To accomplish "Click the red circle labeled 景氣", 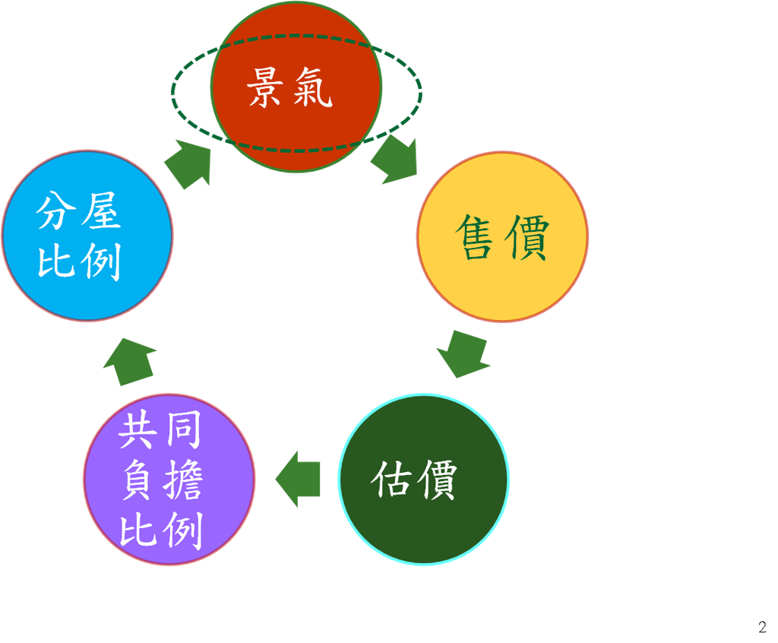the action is click(x=296, y=87).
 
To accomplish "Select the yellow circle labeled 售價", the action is click(x=503, y=237).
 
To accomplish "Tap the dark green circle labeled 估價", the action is click(x=424, y=480).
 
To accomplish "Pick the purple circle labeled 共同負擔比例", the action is click(x=169, y=480).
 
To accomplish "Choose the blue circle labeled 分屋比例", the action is click(x=88, y=236).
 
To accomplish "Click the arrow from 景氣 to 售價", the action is click(x=394, y=160).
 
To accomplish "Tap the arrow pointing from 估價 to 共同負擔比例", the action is click(x=298, y=479).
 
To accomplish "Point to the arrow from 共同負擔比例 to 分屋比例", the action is click(x=130, y=362).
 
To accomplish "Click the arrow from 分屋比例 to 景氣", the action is click(x=188, y=164).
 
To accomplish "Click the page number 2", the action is click(x=762, y=626).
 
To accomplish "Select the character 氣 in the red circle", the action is click(x=312, y=88).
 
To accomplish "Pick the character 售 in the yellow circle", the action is click(x=476, y=237).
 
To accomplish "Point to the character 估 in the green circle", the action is click(x=391, y=480).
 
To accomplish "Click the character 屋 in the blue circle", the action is click(x=102, y=211).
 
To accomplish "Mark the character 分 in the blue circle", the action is click(x=55, y=211).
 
